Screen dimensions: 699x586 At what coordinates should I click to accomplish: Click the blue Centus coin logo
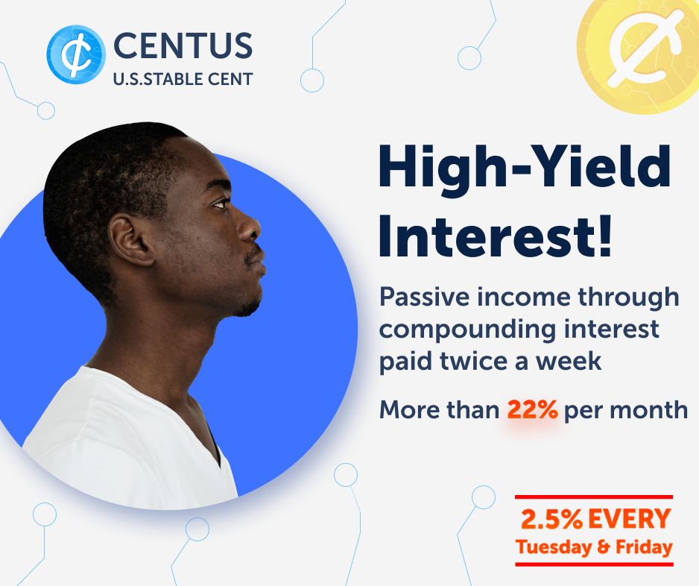point(76,54)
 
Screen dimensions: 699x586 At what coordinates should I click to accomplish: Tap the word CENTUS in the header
point(183,45)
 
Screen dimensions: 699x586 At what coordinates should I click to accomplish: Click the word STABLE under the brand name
point(167,79)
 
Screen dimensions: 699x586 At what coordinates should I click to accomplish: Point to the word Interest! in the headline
point(495,236)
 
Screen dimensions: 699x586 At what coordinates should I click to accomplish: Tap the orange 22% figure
point(532,409)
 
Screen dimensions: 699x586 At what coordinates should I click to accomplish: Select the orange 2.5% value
point(551,519)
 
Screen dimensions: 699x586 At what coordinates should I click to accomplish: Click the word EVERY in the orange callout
point(630,519)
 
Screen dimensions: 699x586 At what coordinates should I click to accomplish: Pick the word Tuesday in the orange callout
point(554,548)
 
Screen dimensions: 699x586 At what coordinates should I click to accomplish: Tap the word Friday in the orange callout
point(644,546)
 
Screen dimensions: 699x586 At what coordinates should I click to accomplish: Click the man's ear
point(129,239)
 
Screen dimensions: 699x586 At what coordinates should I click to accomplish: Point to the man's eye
point(221,204)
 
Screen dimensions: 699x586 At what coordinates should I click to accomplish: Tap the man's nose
point(249,227)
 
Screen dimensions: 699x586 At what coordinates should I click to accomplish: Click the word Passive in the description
point(425,297)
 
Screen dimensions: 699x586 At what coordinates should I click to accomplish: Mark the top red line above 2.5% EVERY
point(594,497)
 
